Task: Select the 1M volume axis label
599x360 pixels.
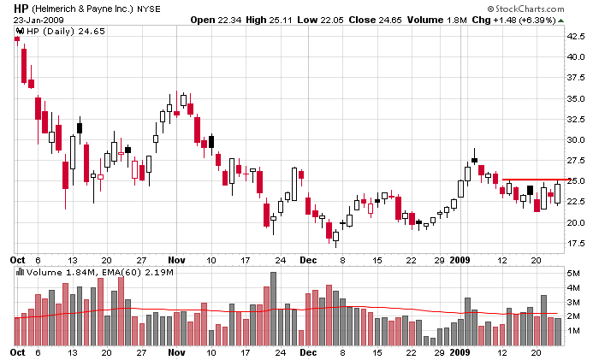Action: (x=573, y=330)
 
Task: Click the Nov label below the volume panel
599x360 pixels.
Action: (x=177, y=352)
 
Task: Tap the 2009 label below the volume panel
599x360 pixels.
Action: (x=461, y=352)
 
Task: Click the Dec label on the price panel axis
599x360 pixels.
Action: (x=308, y=258)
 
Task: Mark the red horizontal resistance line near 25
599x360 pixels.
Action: (x=530, y=180)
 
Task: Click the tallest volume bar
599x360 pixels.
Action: (x=273, y=309)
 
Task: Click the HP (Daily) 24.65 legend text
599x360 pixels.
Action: (x=51, y=32)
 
